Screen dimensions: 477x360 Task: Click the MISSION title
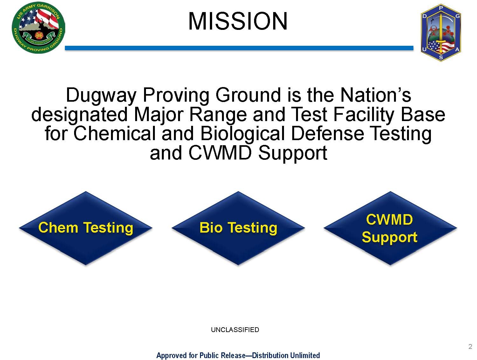pyautogui.click(x=238, y=21)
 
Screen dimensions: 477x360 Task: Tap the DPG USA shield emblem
pyautogui.click(x=441, y=33)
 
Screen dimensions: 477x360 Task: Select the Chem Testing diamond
pyautogui.click(x=86, y=228)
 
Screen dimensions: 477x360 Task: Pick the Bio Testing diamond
pyautogui.click(x=238, y=228)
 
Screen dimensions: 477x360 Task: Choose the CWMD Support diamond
pyautogui.click(x=390, y=228)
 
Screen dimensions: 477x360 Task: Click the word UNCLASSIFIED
pyautogui.click(x=235, y=329)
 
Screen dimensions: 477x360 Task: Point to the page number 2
pyautogui.click(x=470, y=347)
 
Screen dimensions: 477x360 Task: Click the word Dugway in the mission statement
pyautogui.click(x=101, y=95)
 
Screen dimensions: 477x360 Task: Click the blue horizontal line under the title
pyautogui.click(x=239, y=48)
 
